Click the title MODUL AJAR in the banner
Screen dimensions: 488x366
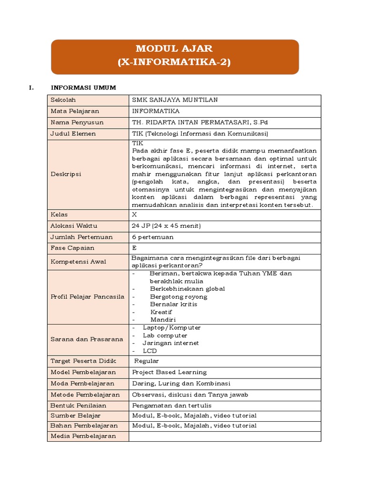pos(174,49)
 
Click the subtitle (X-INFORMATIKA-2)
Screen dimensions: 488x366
pos(174,62)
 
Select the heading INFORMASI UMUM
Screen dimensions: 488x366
pos(83,88)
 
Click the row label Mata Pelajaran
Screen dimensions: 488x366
pos(75,111)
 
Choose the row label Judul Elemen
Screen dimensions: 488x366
pos(73,133)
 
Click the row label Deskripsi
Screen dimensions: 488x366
pos(66,174)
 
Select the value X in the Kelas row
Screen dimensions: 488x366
pos(134,214)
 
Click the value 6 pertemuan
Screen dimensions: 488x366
pos(152,237)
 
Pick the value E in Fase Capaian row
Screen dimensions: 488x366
pos(134,248)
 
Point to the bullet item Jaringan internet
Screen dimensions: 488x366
pos(171,343)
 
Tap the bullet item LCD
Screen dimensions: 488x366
pos(150,351)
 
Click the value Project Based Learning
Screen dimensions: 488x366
pos(169,372)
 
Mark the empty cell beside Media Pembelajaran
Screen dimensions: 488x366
pos(224,436)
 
